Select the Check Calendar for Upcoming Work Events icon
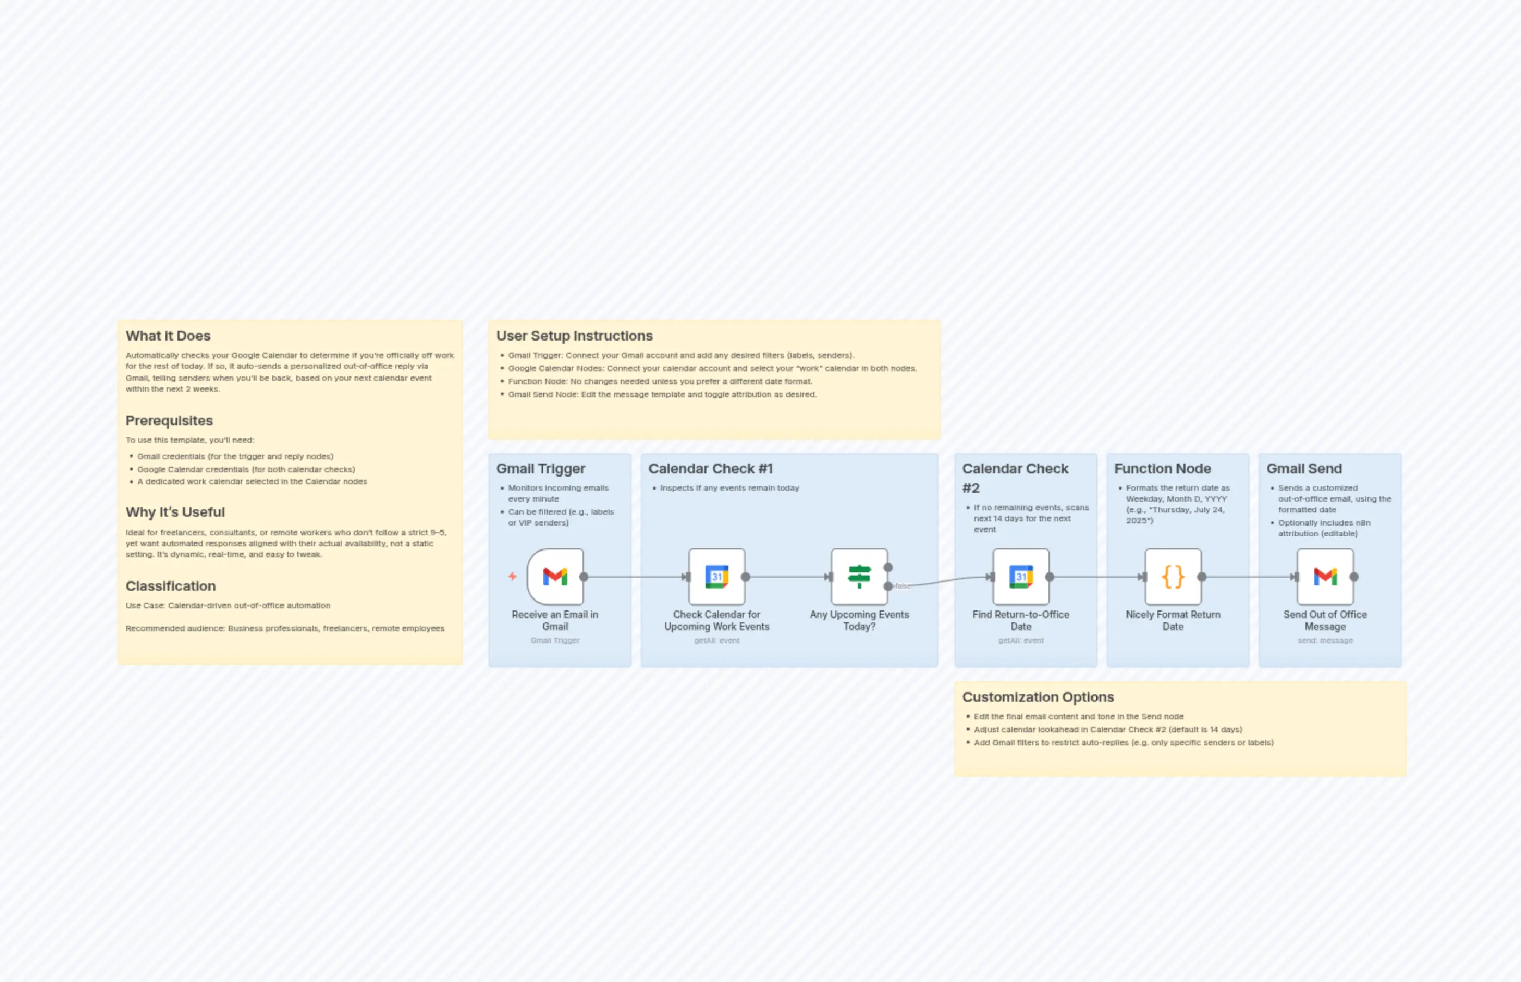point(716,577)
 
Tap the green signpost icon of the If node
point(858,577)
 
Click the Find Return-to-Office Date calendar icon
point(1020,577)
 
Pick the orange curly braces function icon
point(1173,577)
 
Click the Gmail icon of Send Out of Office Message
point(1324,577)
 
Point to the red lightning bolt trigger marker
point(512,577)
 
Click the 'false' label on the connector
point(903,586)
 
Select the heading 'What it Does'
point(168,336)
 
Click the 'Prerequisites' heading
point(169,421)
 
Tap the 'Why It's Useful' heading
point(175,512)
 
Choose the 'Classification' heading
point(170,586)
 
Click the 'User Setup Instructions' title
point(574,336)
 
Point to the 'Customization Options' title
point(1038,697)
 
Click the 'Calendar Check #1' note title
point(710,468)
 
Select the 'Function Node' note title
point(1162,468)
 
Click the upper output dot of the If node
point(887,567)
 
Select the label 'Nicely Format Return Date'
point(1173,620)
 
